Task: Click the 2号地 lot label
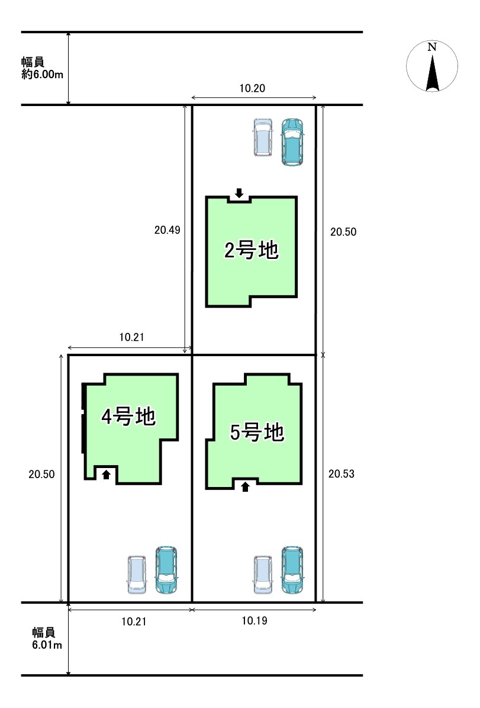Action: [252, 250]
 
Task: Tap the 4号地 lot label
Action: [128, 417]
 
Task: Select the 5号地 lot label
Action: [257, 432]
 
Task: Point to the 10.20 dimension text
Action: [252, 88]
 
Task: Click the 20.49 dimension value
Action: [167, 230]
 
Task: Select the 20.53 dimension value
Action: [342, 473]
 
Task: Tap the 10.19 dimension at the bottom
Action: [255, 621]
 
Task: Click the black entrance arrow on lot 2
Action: [239, 193]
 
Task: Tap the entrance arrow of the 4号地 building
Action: [107, 474]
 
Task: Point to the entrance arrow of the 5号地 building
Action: [245, 487]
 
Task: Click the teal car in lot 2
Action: [292, 142]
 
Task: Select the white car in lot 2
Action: [263, 137]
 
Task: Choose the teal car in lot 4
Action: [166, 570]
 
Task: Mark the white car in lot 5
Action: [263, 574]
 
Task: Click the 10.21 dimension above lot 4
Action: [132, 337]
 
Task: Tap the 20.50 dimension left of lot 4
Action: [41, 474]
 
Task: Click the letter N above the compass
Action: [432, 47]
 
